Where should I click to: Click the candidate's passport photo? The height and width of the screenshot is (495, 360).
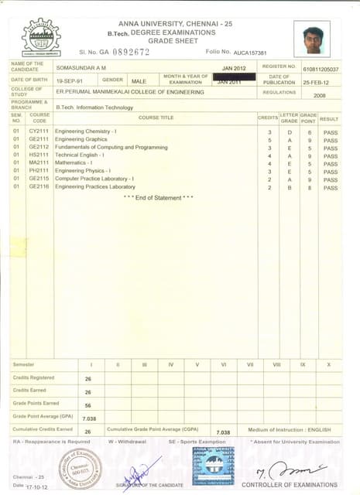311,38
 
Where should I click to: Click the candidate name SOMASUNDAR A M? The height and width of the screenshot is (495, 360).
80,68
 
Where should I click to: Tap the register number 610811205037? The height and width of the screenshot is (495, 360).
321,69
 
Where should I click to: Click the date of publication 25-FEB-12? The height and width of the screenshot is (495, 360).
320,81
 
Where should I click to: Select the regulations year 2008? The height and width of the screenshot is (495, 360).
320,95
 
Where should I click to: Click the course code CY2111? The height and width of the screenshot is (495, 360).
39,132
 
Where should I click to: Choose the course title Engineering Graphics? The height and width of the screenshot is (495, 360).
81,140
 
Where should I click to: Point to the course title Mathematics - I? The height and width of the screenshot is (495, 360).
74,163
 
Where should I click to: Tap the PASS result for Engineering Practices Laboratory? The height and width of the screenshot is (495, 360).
331,187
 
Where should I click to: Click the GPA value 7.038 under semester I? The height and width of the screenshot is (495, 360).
88,418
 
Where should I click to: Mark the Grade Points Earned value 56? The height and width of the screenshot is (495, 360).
88,405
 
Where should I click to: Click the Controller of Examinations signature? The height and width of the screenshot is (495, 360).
289,470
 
